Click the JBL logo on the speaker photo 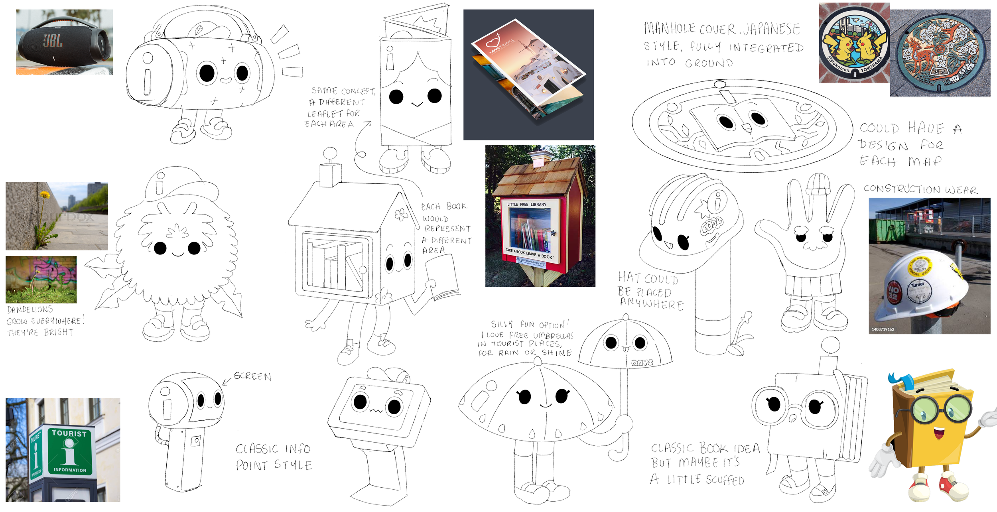point(53,40)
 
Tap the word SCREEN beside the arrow point(252,376)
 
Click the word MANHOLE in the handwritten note point(670,28)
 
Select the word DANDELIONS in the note point(30,309)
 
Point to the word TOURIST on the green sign point(69,433)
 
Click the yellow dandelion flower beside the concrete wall point(45,194)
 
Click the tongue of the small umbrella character point(626,349)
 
